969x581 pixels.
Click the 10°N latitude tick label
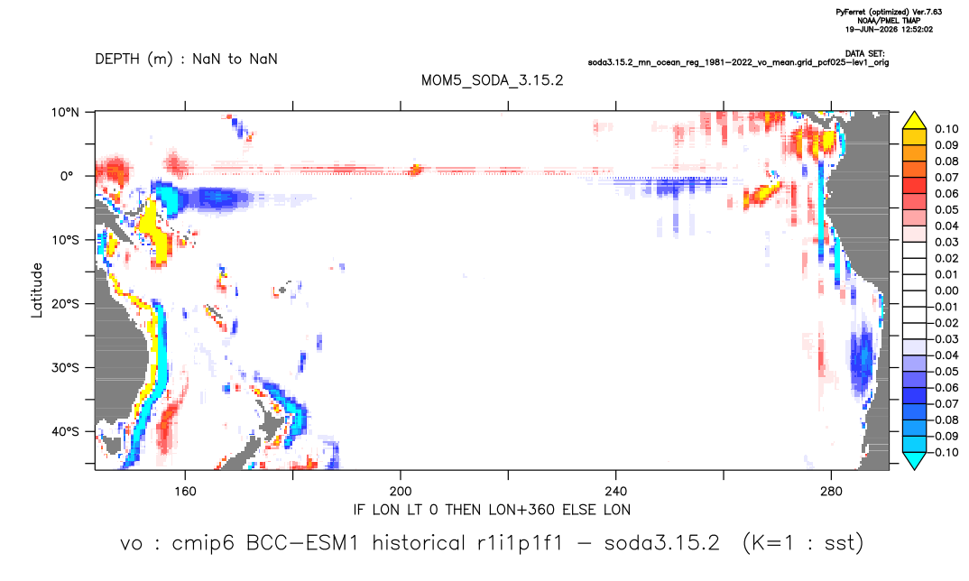65,113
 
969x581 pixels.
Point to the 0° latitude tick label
67,176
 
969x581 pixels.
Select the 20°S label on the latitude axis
65,304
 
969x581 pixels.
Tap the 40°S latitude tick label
65,431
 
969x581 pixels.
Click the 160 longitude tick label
185,492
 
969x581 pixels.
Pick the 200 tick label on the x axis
401,492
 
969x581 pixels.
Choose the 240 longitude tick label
616,492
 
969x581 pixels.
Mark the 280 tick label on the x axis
831,492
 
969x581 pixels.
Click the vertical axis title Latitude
37,290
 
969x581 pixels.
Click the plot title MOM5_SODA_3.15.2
493,80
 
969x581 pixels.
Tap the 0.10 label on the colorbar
946,129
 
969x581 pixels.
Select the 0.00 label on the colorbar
946,290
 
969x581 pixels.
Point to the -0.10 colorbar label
945,452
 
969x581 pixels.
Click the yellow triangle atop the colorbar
915,120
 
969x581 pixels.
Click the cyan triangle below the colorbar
915,460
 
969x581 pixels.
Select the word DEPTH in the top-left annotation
117,60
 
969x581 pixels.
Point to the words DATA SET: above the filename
865,54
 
